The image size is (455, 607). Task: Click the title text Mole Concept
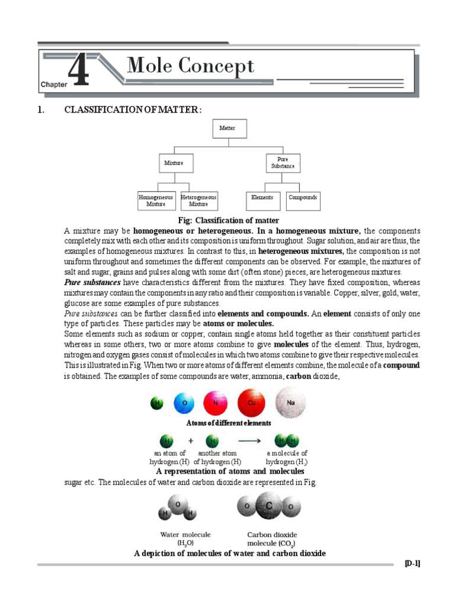pos(191,66)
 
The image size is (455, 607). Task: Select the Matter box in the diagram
pos(229,128)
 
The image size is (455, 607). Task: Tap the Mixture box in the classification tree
pos(174,163)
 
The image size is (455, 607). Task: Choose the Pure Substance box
pos(283,163)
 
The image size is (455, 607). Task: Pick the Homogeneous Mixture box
pos(156,200)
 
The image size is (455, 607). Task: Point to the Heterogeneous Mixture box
pos(198,200)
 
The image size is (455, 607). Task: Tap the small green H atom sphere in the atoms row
pos(156,404)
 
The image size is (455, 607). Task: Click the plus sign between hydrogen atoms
pos(191,441)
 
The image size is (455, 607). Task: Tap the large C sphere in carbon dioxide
pos(268,507)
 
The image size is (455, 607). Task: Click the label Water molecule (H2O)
pos(185,538)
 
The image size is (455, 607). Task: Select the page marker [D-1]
pos(412,564)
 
